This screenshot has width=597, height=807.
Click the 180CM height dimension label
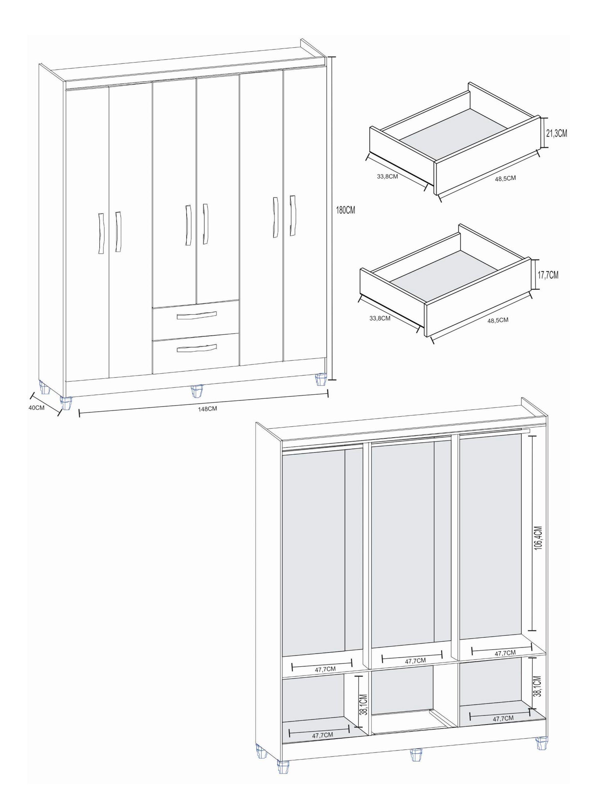(345, 210)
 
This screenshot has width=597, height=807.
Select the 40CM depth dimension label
(37, 407)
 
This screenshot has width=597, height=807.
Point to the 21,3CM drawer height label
(556, 133)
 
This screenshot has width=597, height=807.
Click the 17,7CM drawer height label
(548, 275)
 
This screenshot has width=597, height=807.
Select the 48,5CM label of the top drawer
(505, 178)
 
